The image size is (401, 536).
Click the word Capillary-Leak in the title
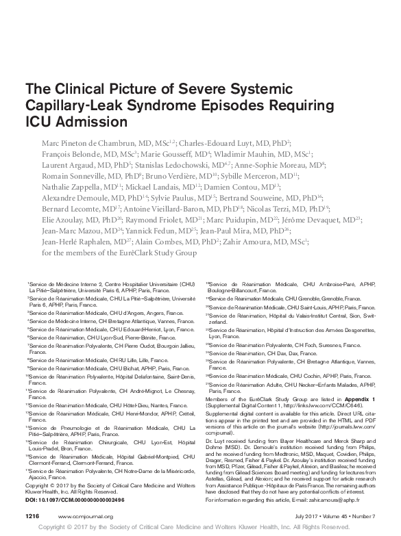66,105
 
